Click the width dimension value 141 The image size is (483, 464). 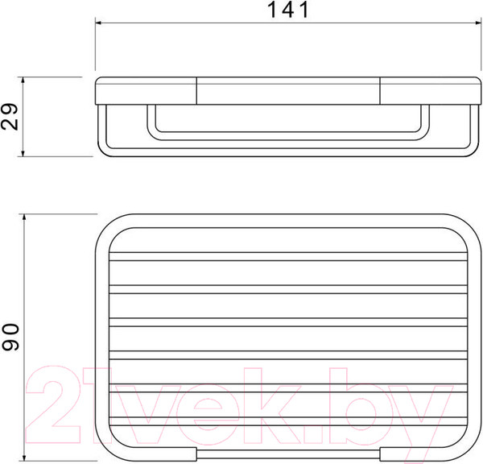[288, 10]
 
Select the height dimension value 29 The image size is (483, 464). [9, 117]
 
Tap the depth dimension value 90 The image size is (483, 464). [10, 337]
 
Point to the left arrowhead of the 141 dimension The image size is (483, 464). [99, 23]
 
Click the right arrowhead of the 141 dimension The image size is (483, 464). [477, 23]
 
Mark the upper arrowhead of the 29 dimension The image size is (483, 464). [23, 81]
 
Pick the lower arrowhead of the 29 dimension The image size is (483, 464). [23, 152]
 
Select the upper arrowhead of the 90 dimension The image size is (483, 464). [24, 218]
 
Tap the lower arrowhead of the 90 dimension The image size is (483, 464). [24, 457]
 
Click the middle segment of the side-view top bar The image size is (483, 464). [288, 91]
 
